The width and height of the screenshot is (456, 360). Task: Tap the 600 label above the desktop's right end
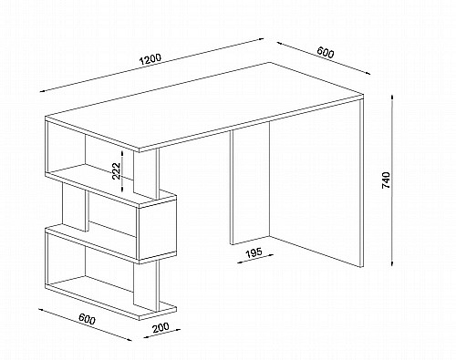326,52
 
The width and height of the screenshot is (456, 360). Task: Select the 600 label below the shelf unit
88,319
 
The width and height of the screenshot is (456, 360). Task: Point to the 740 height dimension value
386,180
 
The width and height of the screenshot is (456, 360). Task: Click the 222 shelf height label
117,171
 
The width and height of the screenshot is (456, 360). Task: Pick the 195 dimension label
254,253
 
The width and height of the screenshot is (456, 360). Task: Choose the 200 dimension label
161,327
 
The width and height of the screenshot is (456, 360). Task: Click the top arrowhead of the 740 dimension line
392,98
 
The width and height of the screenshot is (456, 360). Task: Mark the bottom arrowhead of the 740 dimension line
392,264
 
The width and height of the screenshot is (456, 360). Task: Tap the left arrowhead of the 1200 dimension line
43,90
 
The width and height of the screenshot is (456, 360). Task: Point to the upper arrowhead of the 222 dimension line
122,153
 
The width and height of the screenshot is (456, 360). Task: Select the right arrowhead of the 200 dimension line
178,329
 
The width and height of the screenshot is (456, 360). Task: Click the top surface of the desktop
204,107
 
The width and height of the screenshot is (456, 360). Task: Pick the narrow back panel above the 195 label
250,187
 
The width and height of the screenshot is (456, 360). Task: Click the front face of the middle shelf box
157,231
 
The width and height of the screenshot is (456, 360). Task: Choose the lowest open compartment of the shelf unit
91,267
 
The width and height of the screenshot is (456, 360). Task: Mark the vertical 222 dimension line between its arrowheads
122,171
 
